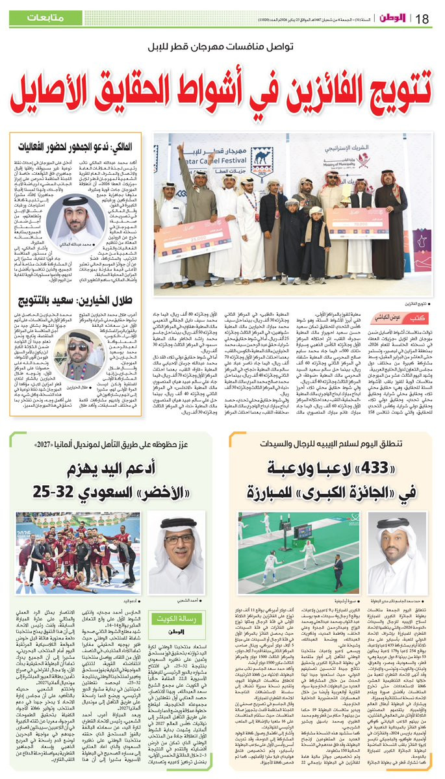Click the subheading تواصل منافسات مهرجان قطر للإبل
click(222, 49)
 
